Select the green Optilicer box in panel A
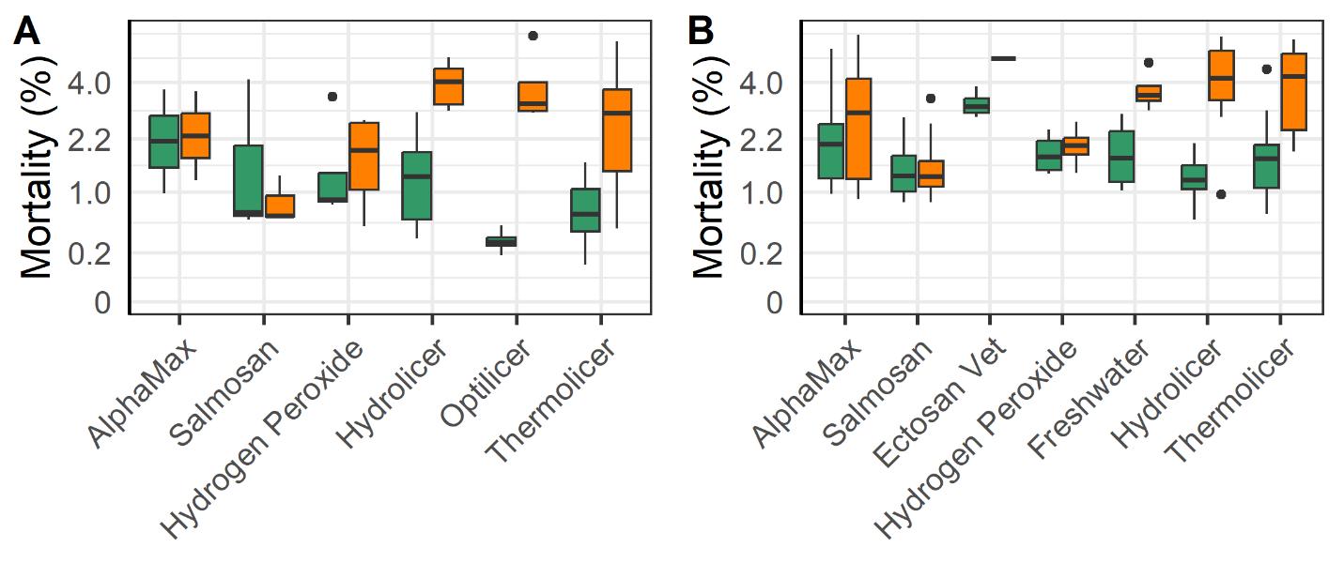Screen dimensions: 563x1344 (501, 241)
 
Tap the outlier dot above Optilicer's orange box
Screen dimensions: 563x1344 (533, 36)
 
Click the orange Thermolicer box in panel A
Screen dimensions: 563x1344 (616, 129)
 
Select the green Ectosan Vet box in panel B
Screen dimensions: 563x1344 (977, 105)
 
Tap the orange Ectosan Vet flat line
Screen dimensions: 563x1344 (1004, 58)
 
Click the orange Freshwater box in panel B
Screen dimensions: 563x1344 (1148, 93)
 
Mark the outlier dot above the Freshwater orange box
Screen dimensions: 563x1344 (1148, 63)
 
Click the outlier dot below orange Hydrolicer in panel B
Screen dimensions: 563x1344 (1221, 194)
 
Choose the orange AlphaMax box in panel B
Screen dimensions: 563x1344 (858, 129)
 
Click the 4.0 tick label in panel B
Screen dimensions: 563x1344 (762, 84)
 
